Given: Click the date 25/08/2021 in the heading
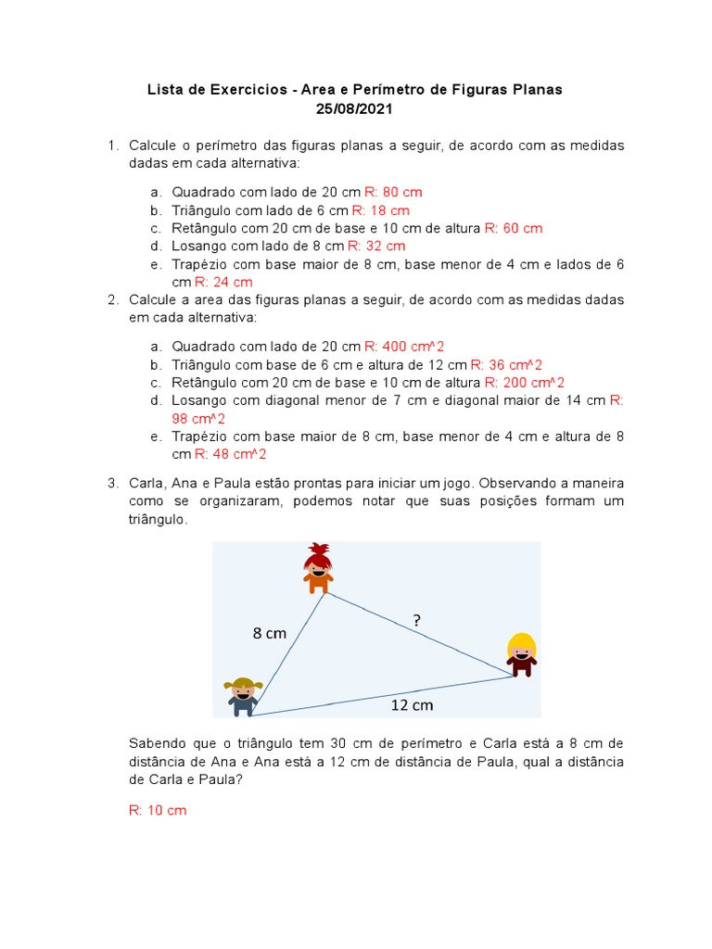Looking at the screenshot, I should [355, 108].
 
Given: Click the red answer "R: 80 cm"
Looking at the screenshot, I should [393, 192].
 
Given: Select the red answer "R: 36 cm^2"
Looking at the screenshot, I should [506, 365].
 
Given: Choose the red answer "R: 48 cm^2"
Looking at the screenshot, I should [231, 455].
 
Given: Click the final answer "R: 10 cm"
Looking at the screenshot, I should [158, 810].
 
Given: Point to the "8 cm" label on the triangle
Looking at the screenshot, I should [270, 634].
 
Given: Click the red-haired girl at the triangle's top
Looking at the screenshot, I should [318, 568].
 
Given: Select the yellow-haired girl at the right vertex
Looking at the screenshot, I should [522, 654].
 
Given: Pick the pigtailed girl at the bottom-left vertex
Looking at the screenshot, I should [244, 696].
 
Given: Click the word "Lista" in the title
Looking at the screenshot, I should [165, 90].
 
